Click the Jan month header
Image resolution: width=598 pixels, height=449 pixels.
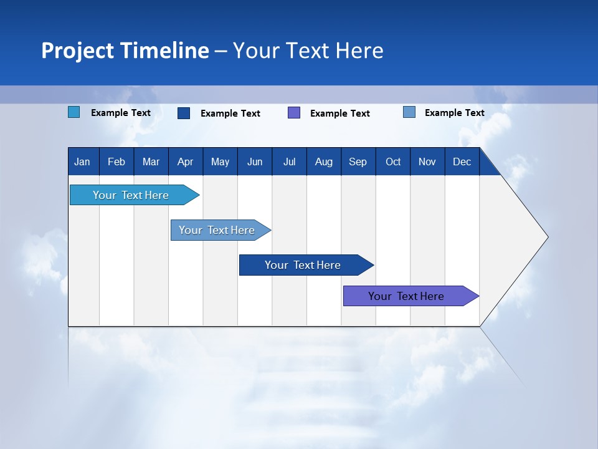click(x=82, y=162)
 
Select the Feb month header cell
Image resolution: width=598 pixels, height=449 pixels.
click(x=116, y=162)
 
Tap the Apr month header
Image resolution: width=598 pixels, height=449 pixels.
click(x=185, y=162)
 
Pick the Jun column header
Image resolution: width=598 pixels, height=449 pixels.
click(x=255, y=162)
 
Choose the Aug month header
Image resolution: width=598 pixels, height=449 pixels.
click(x=323, y=162)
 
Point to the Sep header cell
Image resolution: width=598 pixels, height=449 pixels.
click(x=358, y=162)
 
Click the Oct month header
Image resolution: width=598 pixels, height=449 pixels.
click(x=393, y=162)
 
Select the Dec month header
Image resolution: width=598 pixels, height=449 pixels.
click(x=462, y=162)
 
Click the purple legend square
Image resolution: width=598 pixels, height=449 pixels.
click(x=294, y=113)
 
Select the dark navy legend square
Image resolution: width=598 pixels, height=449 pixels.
click(x=184, y=113)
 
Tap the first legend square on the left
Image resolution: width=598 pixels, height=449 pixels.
click(x=74, y=112)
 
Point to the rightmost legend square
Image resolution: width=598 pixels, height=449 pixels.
click(x=409, y=112)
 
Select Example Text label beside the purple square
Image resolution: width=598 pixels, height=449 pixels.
click(x=339, y=113)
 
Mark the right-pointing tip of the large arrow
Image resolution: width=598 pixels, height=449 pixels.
click(x=547, y=237)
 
